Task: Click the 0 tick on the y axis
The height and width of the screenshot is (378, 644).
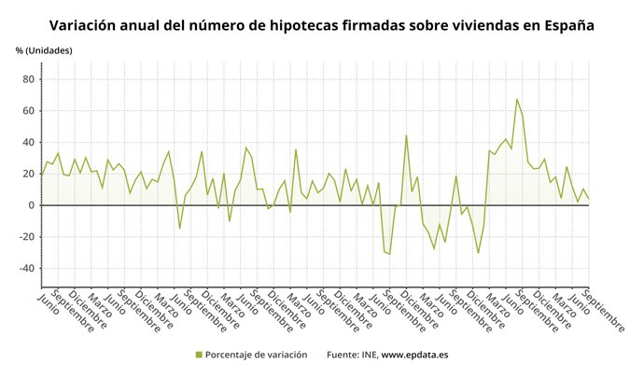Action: [x=32, y=205]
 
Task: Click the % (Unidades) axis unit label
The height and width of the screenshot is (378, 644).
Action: [x=44, y=49]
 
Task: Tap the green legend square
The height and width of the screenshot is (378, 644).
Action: [x=199, y=355]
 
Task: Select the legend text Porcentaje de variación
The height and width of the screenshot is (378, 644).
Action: [x=257, y=355]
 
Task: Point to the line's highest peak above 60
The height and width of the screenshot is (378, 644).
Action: [x=517, y=99]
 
